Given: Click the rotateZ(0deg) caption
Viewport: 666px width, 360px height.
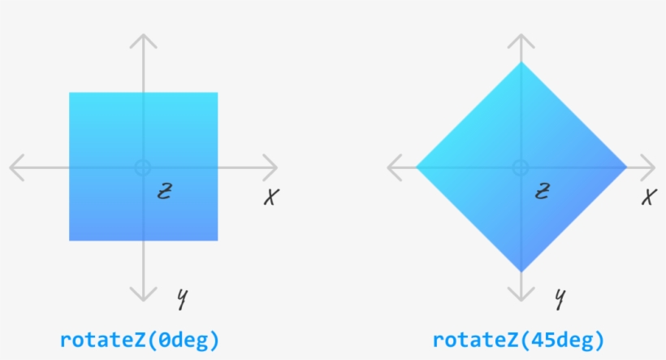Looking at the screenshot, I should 140,340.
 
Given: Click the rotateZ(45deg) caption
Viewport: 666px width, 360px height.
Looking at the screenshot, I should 518,340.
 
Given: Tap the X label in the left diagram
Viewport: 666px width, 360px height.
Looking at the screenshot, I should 271,197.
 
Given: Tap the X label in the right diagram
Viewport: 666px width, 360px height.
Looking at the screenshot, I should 648,197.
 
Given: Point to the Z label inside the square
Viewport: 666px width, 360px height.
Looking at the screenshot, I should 165,192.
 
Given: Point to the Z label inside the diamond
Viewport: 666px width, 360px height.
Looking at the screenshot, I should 543,192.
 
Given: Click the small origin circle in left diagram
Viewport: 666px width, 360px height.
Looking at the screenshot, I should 143,167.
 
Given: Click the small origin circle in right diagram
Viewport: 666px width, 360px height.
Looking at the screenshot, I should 520,167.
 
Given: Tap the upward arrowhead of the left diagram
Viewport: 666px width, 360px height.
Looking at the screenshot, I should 143,39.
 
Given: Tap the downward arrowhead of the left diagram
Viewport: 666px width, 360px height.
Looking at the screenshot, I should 143,297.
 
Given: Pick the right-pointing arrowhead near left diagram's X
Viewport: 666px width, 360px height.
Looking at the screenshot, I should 274,167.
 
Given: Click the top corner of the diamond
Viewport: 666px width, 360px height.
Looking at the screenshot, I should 520,63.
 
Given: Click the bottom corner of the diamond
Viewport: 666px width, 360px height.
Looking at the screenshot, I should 520,271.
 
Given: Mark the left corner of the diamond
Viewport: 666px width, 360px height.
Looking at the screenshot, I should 417,167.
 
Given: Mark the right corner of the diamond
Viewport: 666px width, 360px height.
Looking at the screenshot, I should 625,167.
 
